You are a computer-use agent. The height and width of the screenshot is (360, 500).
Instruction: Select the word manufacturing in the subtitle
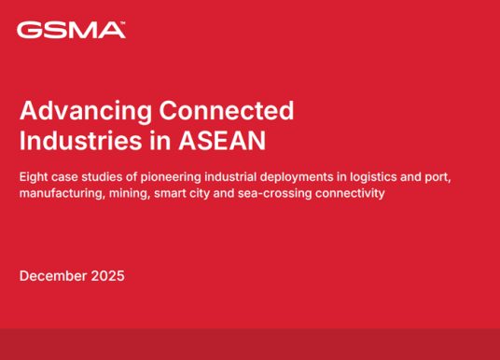click(61, 193)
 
